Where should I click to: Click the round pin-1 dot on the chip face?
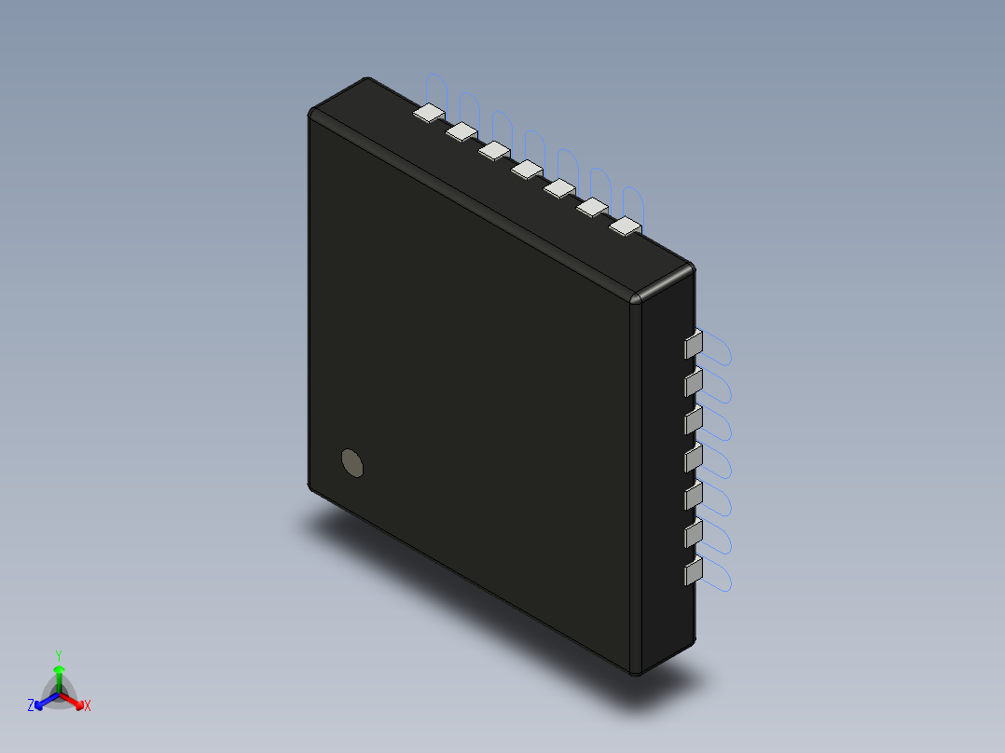click(x=352, y=462)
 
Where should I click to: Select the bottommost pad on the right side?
click(x=693, y=571)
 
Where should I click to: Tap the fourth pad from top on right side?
click(x=693, y=459)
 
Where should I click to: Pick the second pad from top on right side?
click(x=693, y=382)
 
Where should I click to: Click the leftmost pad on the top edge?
click(x=429, y=114)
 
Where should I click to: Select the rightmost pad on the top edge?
click(x=626, y=226)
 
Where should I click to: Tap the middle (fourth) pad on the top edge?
click(x=527, y=169)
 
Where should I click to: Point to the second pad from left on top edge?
click(x=461, y=132)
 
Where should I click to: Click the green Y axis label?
click(x=59, y=655)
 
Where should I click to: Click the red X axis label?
click(x=88, y=706)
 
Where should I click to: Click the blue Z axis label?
click(x=31, y=706)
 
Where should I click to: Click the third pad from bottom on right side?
click(x=693, y=496)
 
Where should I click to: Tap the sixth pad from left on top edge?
click(x=593, y=207)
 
